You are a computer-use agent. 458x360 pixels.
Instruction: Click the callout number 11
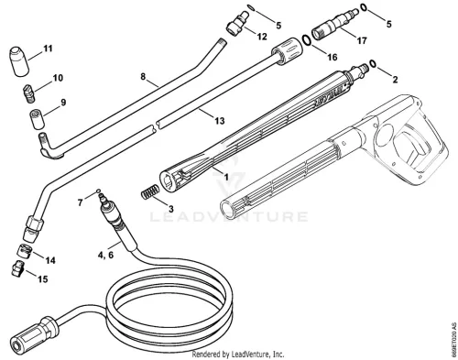pos(48,49)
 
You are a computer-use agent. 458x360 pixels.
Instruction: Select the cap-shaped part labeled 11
pos(19,61)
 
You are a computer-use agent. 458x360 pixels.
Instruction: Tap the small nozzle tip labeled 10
pos(29,93)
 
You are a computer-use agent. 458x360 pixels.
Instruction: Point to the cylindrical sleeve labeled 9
pos(37,119)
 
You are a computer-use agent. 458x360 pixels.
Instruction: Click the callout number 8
pos(143,77)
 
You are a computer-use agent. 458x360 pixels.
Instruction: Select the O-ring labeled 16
pos(307,40)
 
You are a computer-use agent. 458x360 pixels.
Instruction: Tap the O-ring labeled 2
pos(373,63)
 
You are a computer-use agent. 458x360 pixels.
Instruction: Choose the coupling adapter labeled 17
pos(335,24)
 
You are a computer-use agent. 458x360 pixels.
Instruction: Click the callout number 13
pos(220,121)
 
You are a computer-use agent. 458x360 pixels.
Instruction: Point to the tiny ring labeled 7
pos(98,191)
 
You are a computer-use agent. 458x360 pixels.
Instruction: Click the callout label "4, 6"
pos(105,255)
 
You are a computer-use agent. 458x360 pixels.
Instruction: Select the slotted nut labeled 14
pos(24,251)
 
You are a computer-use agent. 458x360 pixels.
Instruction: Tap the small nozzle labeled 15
pos(18,268)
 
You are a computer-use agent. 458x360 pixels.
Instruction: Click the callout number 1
pos(226,177)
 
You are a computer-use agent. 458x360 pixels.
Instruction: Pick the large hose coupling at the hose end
pos(34,333)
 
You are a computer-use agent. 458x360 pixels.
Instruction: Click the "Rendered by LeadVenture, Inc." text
pos(238,355)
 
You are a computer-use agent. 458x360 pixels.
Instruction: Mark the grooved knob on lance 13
pos(288,50)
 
